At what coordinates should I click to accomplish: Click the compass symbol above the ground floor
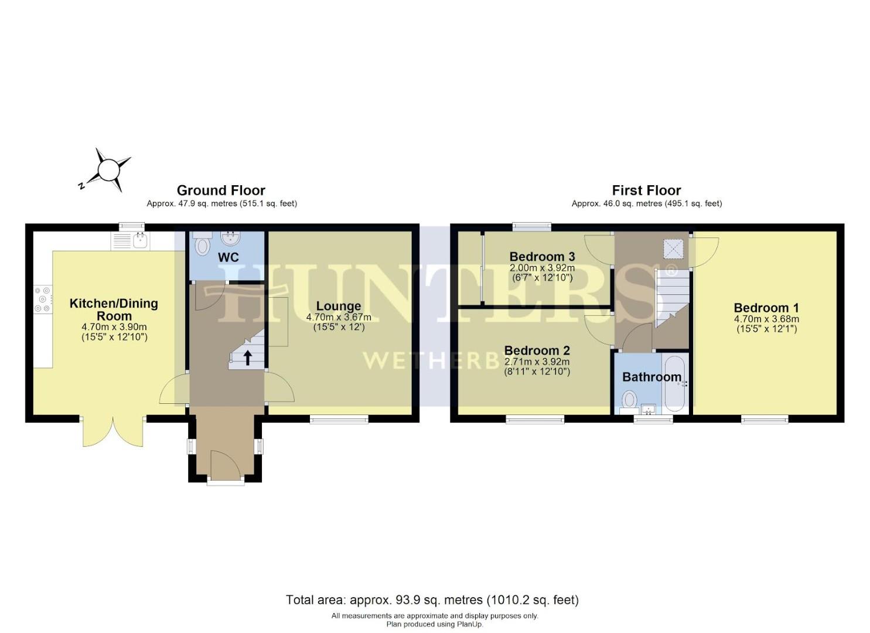[x=108, y=170]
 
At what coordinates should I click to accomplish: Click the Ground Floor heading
[x=221, y=190]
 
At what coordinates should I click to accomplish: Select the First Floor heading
[x=646, y=190]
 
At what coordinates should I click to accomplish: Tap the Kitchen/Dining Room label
[x=114, y=309]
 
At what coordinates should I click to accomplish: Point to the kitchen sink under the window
[x=139, y=240]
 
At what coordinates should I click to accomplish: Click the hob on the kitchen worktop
[x=43, y=299]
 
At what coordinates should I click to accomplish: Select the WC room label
[x=228, y=258]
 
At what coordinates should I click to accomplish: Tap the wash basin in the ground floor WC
[x=230, y=238]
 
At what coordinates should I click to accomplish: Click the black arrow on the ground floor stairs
[x=248, y=357]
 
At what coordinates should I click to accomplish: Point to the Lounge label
[x=339, y=306]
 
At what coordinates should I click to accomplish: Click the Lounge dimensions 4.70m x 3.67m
[x=339, y=317]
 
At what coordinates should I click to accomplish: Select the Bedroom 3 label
[x=542, y=256]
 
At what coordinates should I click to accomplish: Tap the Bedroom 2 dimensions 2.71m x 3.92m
[x=537, y=362]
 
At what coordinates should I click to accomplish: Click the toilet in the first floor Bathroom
[x=629, y=400]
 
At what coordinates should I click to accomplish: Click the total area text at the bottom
[x=432, y=600]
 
